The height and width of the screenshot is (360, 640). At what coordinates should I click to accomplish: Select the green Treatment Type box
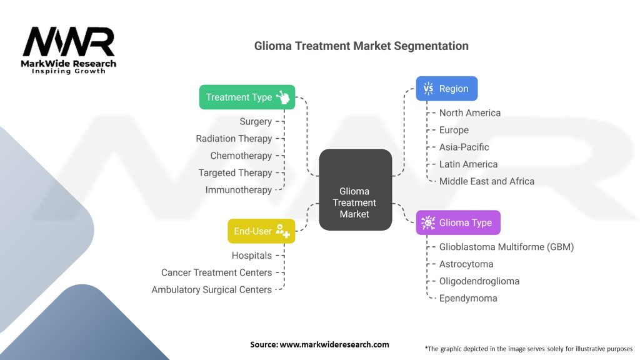point(247,97)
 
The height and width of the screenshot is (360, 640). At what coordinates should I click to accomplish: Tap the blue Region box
point(447,89)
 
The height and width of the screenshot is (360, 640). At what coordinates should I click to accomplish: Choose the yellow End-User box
point(261,231)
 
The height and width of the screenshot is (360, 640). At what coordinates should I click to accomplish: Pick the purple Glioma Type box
point(457,222)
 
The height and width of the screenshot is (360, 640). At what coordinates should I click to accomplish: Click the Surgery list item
point(256,121)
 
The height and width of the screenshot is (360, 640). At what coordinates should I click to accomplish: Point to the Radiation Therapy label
point(234,139)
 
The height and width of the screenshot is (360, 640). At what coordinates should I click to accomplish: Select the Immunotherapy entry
point(239,190)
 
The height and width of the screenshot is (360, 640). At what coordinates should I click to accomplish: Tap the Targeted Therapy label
point(235,172)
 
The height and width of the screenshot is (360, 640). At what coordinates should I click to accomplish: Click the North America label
point(470,113)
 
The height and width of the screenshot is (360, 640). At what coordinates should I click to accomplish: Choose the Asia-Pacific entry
point(464,147)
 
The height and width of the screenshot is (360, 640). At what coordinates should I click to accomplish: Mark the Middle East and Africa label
point(487,181)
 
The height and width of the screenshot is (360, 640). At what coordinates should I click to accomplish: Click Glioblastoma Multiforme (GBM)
point(506,247)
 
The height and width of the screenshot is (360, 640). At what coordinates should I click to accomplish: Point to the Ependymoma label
point(468,298)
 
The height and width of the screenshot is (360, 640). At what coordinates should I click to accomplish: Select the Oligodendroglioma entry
point(479,281)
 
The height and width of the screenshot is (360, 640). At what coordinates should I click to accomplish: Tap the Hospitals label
point(252,256)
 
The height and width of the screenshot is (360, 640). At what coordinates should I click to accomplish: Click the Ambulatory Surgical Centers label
point(212,290)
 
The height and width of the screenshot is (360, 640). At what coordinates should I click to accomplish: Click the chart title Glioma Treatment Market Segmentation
point(361,46)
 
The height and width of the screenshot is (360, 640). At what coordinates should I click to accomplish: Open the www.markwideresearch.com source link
point(334,344)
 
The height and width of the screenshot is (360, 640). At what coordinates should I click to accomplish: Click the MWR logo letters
point(69,42)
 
